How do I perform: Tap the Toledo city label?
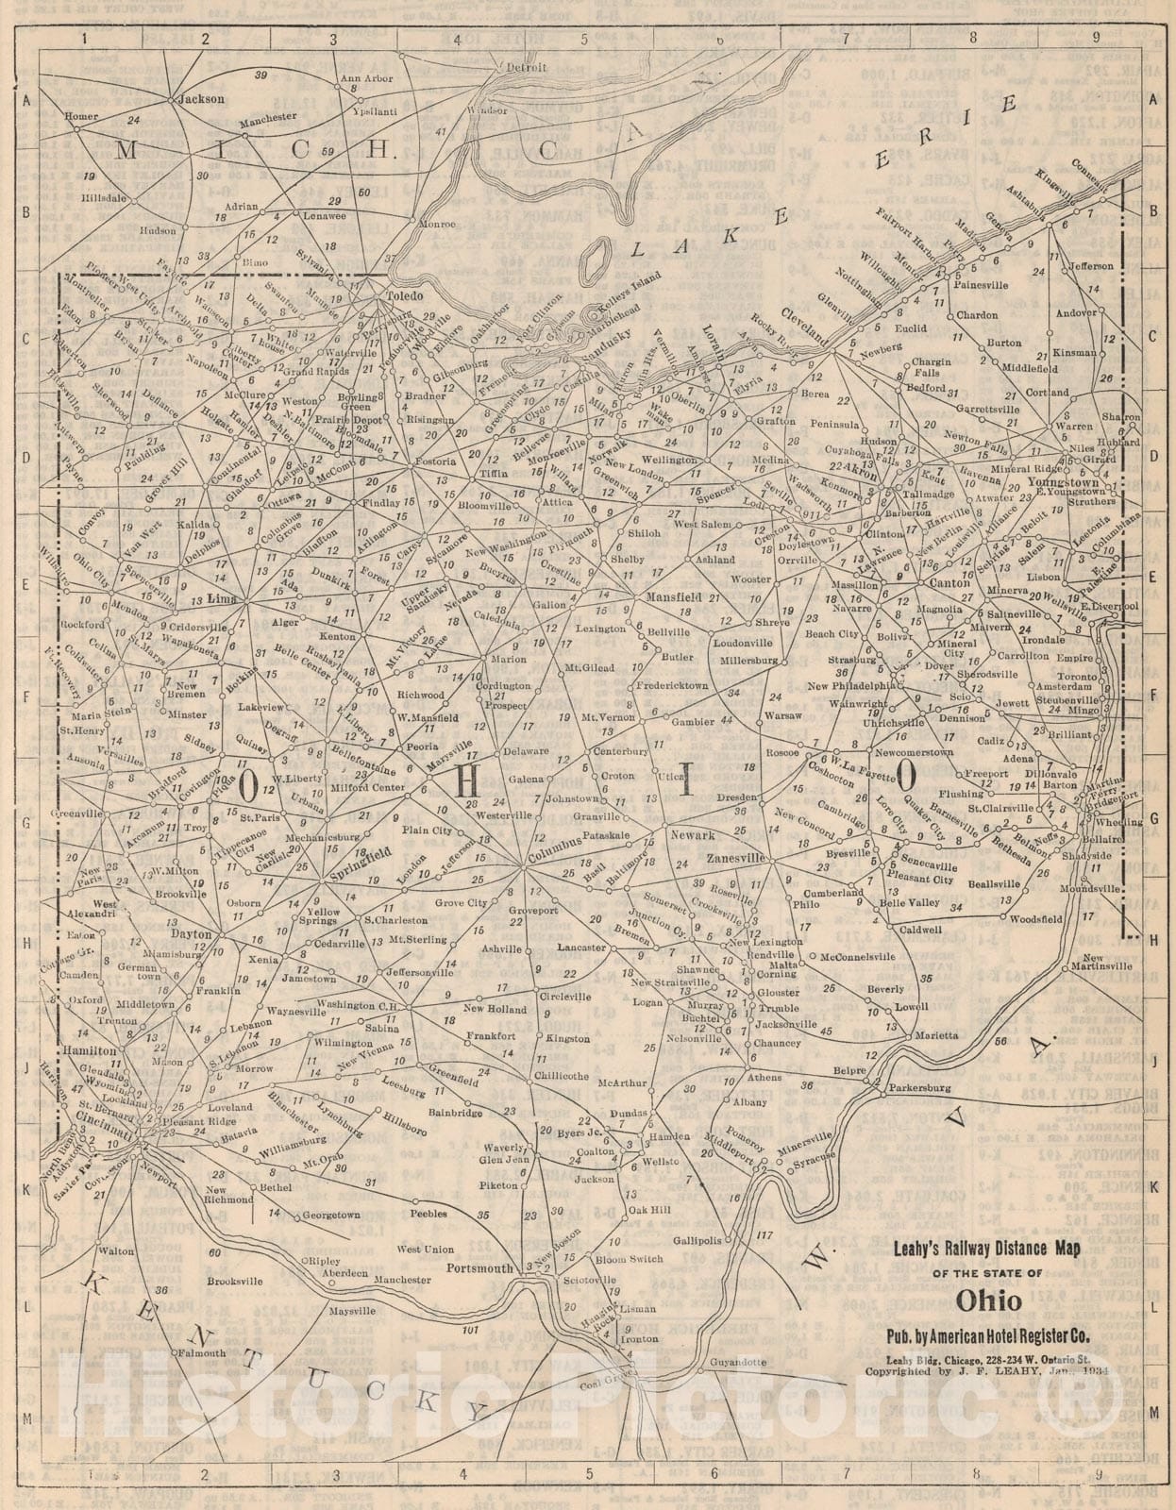[407, 295]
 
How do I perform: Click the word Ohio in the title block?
[988, 1301]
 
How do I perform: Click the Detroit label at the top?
[527, 68]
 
